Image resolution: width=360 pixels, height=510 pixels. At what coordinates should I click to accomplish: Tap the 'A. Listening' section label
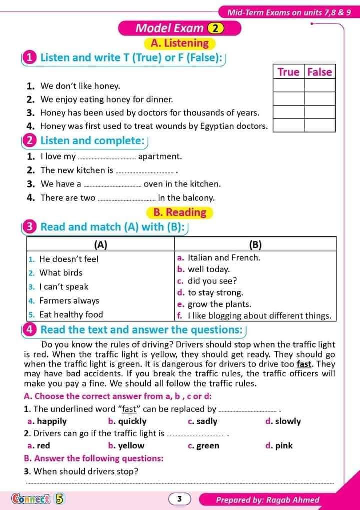179,43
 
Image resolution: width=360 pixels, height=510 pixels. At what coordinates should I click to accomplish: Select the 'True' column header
288,72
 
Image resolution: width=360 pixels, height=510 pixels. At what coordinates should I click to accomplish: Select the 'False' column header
319,72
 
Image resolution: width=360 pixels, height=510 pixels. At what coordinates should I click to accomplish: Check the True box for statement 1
288,86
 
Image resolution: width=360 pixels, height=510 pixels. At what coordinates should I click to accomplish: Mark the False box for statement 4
319,125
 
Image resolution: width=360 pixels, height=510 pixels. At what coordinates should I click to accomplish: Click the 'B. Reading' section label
179,212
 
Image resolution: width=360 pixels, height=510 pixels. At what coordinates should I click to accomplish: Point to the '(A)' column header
101,244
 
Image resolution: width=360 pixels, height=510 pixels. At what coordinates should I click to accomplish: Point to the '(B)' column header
255,244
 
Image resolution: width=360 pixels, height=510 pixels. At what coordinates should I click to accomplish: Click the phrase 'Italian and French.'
224,258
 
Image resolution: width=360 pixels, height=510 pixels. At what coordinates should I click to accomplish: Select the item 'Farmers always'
69,301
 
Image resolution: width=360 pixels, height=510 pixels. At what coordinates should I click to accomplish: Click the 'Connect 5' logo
37,499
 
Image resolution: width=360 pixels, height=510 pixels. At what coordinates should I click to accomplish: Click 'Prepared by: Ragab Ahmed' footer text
267,500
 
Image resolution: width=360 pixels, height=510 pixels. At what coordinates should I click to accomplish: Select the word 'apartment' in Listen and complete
160,156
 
